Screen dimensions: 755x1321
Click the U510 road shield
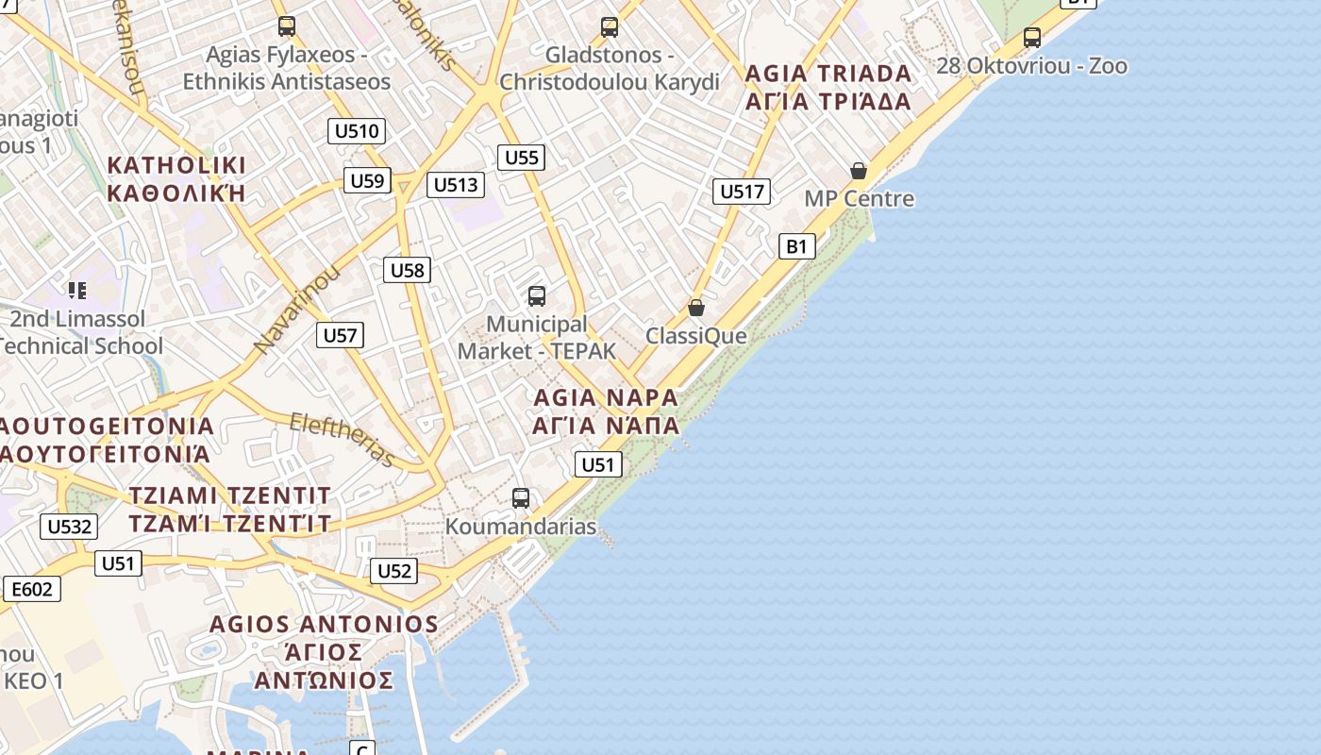(x=357, y=131)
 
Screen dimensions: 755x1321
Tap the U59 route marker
(x=367, y=180)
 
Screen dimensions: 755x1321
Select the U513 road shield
(x=456, y=185)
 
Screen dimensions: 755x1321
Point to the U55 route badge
(x=521, y=158)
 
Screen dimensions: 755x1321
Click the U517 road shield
(x=742, y=192)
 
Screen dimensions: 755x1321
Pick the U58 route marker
(x=408, y=271)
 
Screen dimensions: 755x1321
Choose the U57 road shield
(x=340, y=335)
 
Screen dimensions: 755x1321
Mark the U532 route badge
(x=69, y=527)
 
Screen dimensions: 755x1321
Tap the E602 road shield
(x=32, y=590)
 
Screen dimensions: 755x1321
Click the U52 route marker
(x=393, y=571)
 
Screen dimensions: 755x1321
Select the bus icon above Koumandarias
(x=521, y=498)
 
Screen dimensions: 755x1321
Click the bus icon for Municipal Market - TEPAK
(x=537, y=296)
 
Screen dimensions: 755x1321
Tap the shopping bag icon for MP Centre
(x=859, y=171)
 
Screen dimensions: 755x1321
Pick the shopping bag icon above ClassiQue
(x=696, y=308)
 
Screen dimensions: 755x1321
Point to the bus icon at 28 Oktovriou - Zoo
(x=1032, y=38)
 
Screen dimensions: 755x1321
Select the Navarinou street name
(x=296, y=310)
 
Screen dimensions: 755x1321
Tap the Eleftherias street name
(x=342, y=439)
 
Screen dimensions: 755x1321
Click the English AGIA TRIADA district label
(x=828, y=74)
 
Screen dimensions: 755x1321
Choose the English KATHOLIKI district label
(x=176, y=165)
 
